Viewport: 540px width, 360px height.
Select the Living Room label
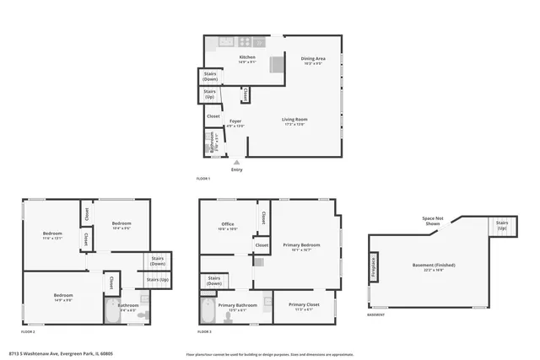pyautogui.click(x=294, y=120)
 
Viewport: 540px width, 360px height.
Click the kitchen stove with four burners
pyautogui.click(x=245, y=41)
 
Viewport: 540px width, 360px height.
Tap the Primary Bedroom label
pyautogui.click(x=296, y=247)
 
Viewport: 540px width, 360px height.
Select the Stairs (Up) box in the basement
pyautogui.click(x=501, y=226)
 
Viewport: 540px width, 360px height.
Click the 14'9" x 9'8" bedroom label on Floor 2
pyautogui.click(x=63, y=297)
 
